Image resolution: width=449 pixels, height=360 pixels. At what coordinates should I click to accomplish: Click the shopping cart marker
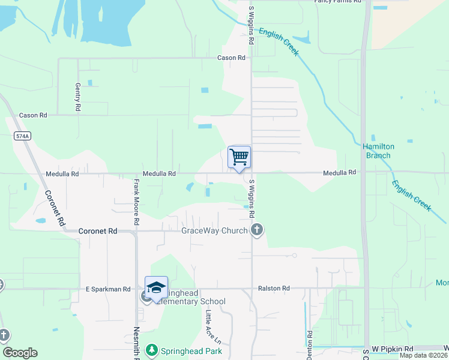(239, 158)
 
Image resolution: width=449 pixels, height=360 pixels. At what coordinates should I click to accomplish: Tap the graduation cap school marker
(156, 289)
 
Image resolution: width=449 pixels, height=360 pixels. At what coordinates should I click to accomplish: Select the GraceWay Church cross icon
(257, 229)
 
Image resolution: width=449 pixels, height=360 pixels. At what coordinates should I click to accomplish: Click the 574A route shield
(22, 137)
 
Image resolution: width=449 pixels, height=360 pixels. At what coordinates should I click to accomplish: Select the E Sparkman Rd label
(108, 289)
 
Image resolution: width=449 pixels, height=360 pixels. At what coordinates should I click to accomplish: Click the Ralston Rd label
(274, 289)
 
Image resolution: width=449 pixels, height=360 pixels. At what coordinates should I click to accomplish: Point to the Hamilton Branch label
(376, 151)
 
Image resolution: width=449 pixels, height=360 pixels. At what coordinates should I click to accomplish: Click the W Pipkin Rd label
(393, 349)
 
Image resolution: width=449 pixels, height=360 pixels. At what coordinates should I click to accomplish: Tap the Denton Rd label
(309, 343)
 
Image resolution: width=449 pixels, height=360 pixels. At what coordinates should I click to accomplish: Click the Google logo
(20, 353)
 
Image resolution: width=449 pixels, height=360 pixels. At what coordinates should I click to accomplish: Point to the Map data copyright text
(423, 355)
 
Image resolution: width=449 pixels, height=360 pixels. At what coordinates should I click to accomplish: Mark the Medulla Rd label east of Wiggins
(340, 172)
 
